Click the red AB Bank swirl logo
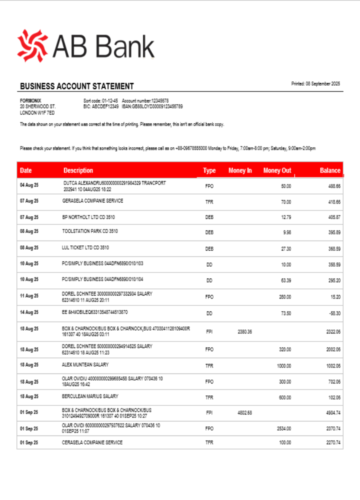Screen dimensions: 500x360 point(32,45)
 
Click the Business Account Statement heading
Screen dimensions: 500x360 point(77,86)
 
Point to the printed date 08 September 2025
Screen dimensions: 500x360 point(315,84)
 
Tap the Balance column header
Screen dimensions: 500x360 point(330,170)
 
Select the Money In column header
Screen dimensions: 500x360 point(240,170)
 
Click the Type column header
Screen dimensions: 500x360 point(209,170)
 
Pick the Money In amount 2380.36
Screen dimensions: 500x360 point(245,331)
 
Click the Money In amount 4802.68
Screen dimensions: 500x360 point(245,413)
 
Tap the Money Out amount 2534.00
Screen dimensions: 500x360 point(284,428)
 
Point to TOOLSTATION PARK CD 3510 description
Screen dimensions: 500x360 point(90,231)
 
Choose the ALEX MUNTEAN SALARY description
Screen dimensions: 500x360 point(85,365)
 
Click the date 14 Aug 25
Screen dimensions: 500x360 point(29,312)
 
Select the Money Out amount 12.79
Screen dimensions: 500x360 point(285,217)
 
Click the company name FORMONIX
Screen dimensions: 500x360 point(30,100)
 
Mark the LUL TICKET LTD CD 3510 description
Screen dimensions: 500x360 point(85,247)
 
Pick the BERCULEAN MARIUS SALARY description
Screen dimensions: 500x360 point(90,396)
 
